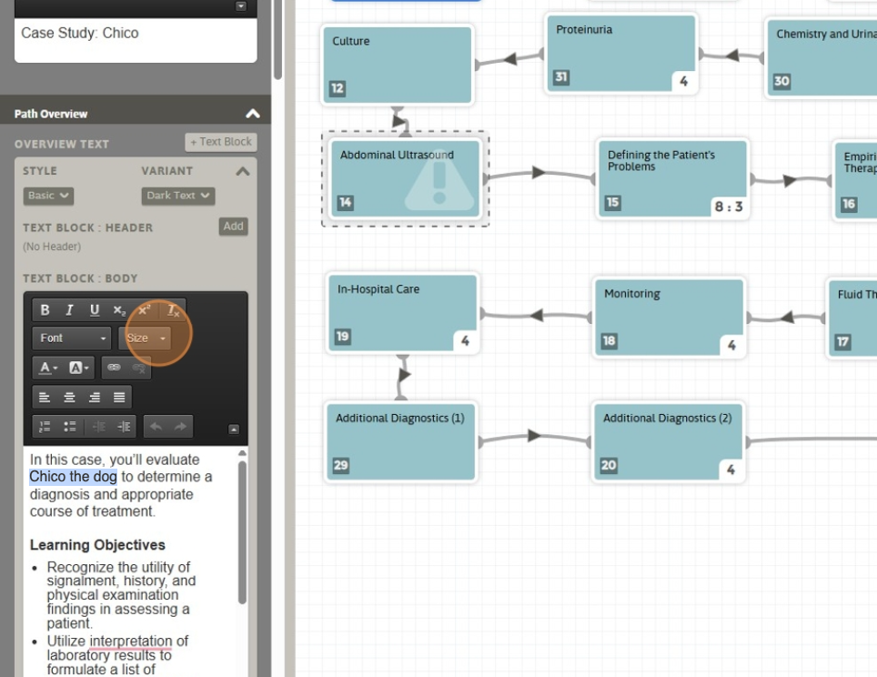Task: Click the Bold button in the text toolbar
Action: (x=45, y=310)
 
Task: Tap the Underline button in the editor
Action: (x=94, y=310)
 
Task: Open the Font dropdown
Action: (x=72, y=338)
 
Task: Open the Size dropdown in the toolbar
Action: (x=146, y=338)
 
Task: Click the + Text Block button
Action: (x=221, y=142)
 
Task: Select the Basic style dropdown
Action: (x=48, y=196)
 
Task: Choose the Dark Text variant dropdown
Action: (x=178, y=196)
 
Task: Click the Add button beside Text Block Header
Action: (x=233, y=227)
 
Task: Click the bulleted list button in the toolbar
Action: (x=70, y=427)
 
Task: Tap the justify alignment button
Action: (x=119, y=398)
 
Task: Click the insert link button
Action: (x=114, y=368)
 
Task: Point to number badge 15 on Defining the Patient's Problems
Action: (x=613, y=202)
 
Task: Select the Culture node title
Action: (x=350, y=42)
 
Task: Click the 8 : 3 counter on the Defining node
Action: (x=728, y=207)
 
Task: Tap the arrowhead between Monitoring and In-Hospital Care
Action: (x=537, y=315)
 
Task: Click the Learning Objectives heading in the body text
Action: (x=97, y=545)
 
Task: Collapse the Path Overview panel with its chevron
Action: (x=253, y=114)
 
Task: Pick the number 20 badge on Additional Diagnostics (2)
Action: (x=609, y=465)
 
